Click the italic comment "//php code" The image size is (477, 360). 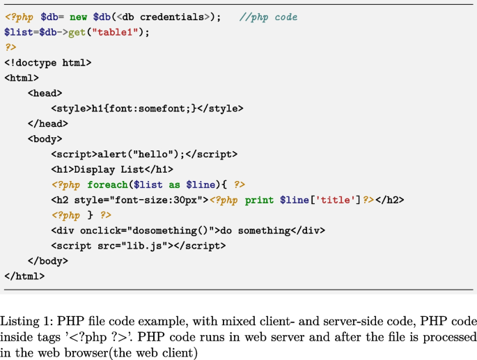pos(268,17)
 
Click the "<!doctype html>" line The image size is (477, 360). pos(47,63)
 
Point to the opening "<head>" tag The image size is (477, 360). pos(45,93)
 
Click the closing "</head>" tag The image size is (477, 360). pos(47,124)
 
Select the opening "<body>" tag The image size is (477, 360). pos(45,139)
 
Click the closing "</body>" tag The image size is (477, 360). pos(47,261)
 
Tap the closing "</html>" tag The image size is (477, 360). pos(24,276)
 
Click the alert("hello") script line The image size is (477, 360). pos(143,155)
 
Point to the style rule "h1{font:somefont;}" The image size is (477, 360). pos(144,109)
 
